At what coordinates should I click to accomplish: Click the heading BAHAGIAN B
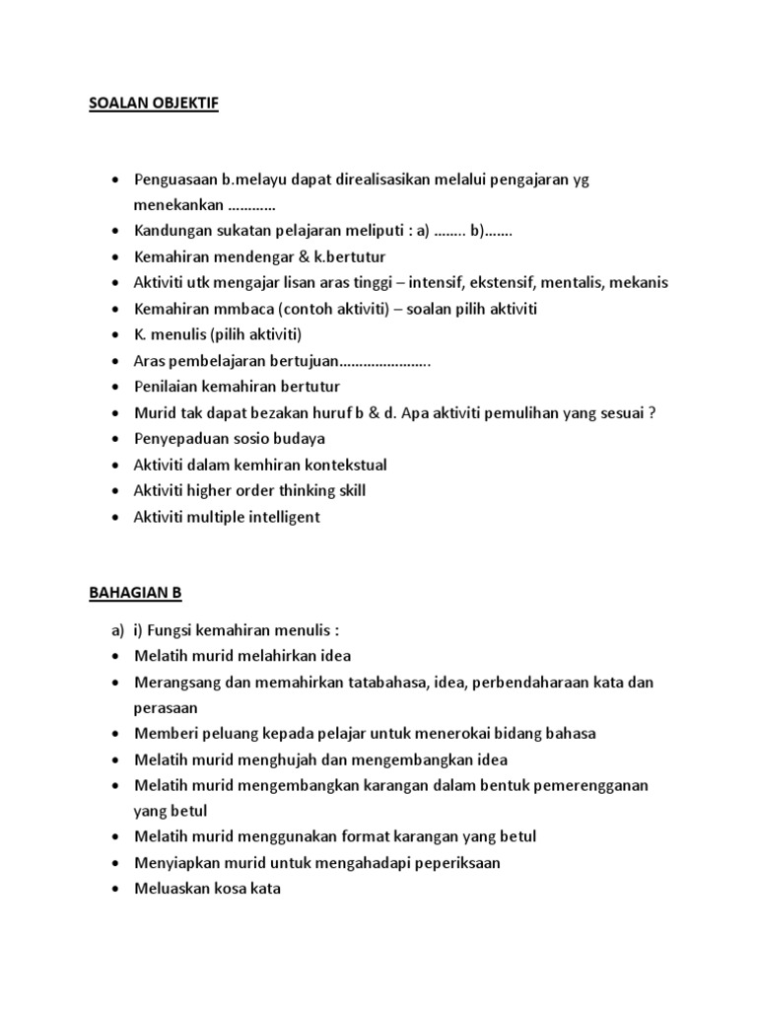136,593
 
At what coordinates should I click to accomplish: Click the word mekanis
639,282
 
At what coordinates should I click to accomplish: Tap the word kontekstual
340,465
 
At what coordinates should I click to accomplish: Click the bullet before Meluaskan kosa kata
116,889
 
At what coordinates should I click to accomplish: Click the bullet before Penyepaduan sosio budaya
116,439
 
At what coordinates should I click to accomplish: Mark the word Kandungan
171,231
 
